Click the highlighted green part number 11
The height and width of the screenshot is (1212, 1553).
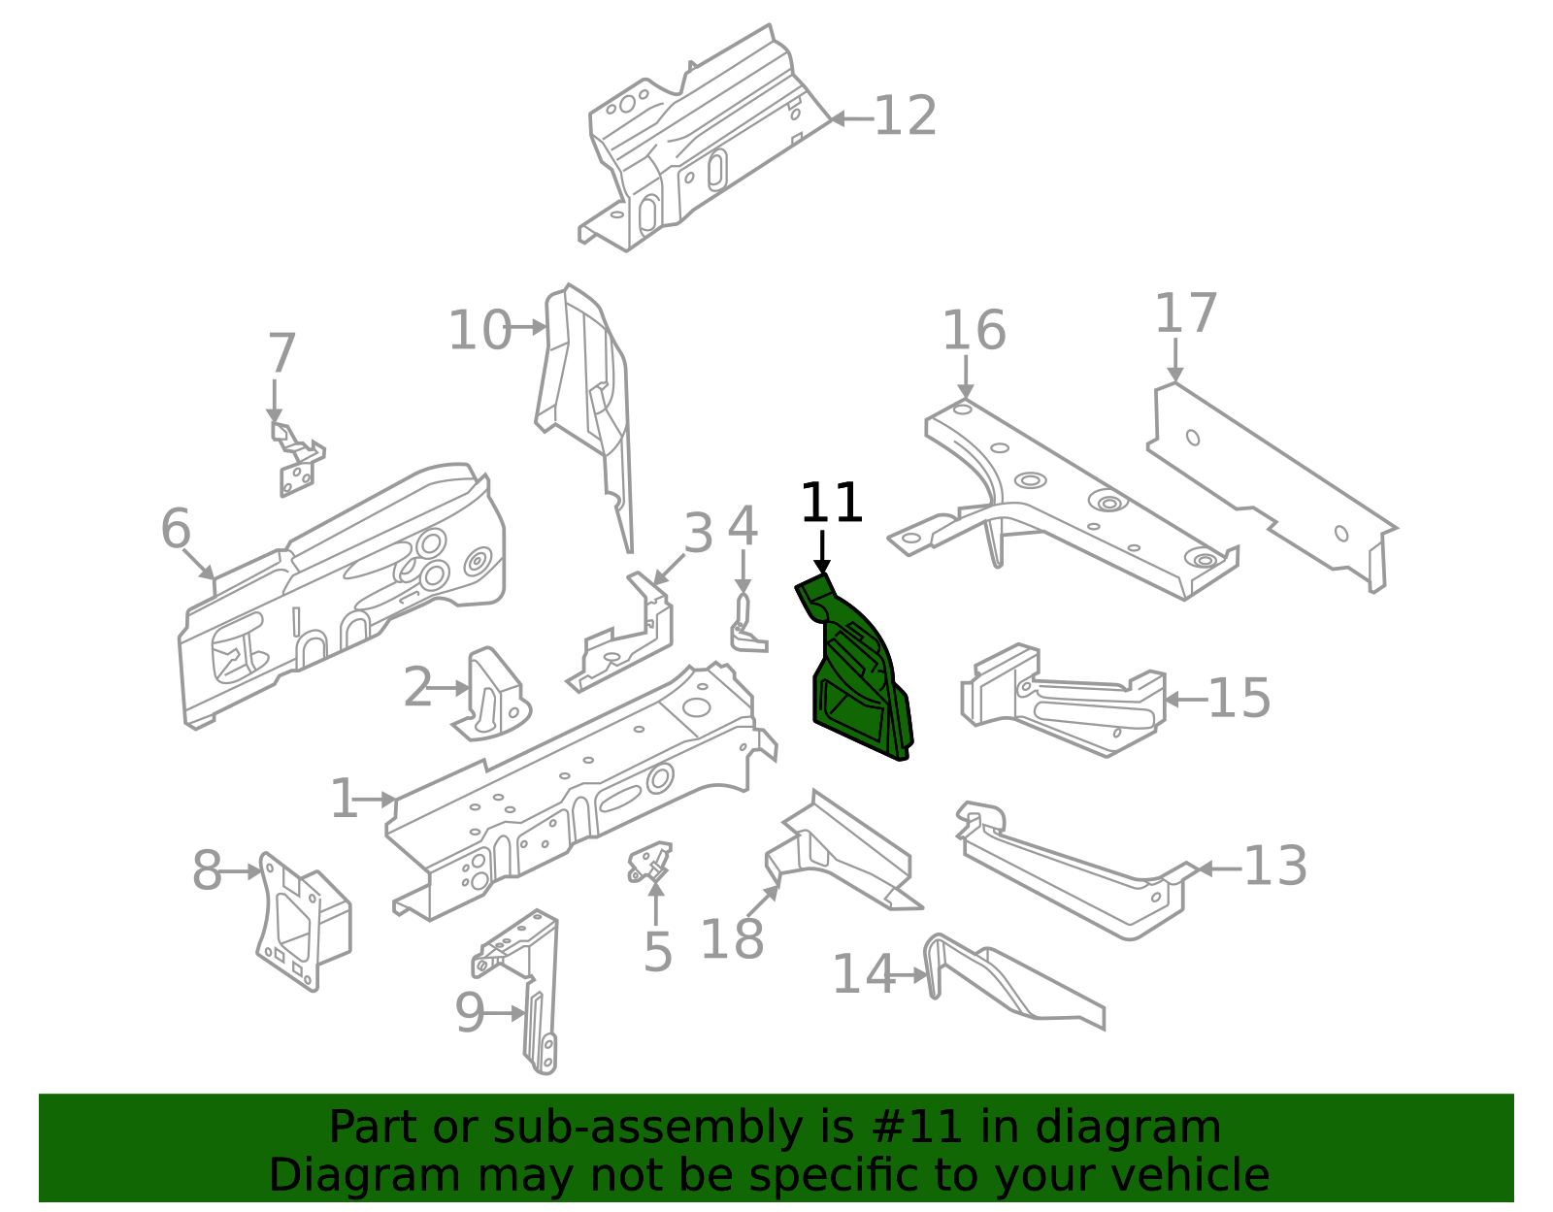[859, 679]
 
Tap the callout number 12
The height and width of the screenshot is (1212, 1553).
[905, 117]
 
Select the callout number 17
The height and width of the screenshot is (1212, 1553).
[1185, 314]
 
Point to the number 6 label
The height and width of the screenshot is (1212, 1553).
[176, 530]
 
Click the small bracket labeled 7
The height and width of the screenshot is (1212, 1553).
[295, 461]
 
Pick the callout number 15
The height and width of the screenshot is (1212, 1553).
[1239, 699]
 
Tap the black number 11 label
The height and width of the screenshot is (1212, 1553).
[831, 504]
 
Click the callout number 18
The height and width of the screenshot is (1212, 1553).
[732, 939]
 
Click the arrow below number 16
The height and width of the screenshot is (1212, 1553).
[966, 377]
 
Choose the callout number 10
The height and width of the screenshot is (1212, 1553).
[479, 330]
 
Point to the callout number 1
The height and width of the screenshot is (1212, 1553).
[344, 800]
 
